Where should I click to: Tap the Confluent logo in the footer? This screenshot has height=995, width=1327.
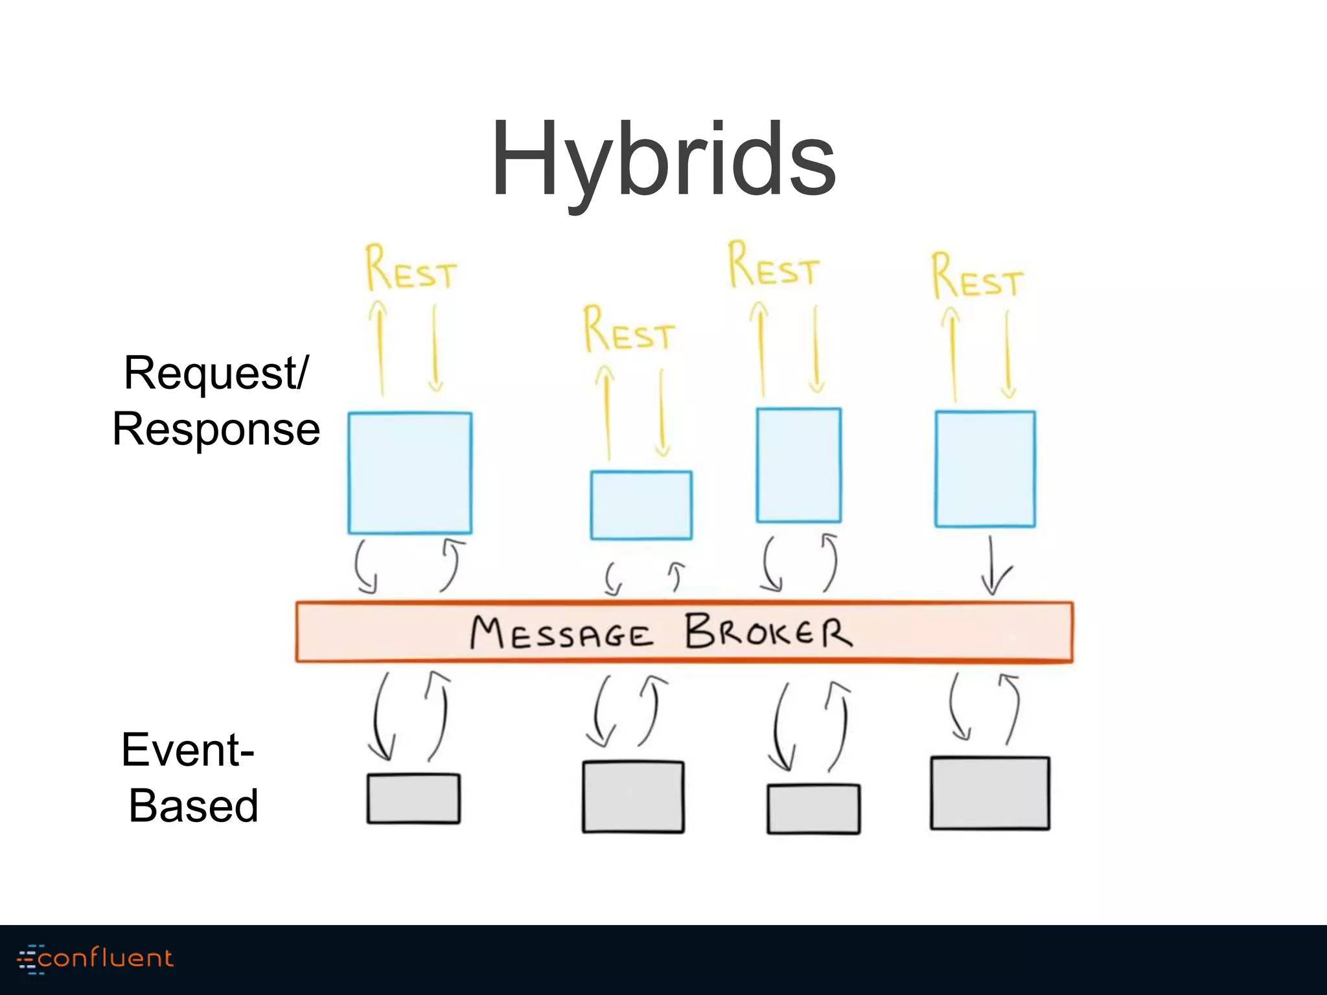tap(96, 959)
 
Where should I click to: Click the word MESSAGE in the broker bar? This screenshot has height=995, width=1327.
tap(561, 633)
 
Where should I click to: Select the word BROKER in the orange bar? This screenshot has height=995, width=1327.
tap(768, 632)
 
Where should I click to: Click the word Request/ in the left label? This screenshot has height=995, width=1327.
tap(216, 374)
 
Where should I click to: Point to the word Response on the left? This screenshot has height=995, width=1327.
tap(216, 429)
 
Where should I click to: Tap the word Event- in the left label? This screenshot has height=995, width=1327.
tap(188, 749)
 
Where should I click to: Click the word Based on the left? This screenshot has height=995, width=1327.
tap(193, 806)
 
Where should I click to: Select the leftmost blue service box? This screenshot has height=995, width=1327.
tap(410, 473)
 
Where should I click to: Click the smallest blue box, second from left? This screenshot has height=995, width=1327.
tap(641, 505)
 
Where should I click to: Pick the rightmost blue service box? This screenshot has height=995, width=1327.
tap(985, 469)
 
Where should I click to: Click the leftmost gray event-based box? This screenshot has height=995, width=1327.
tap(413, 799)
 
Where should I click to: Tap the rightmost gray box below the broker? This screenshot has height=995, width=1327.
tap(989, 793)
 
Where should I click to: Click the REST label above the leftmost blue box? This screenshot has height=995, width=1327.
tap(411, 269)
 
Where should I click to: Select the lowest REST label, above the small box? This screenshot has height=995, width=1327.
tap(629, 331)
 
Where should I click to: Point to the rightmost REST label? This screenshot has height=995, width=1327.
tap(977, 278)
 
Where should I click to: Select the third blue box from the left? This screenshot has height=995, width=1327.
tap(798, 465)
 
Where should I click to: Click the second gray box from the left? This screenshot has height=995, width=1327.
tap(633, 797)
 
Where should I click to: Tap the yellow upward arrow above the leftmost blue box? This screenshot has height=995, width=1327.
tap(380, 348)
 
